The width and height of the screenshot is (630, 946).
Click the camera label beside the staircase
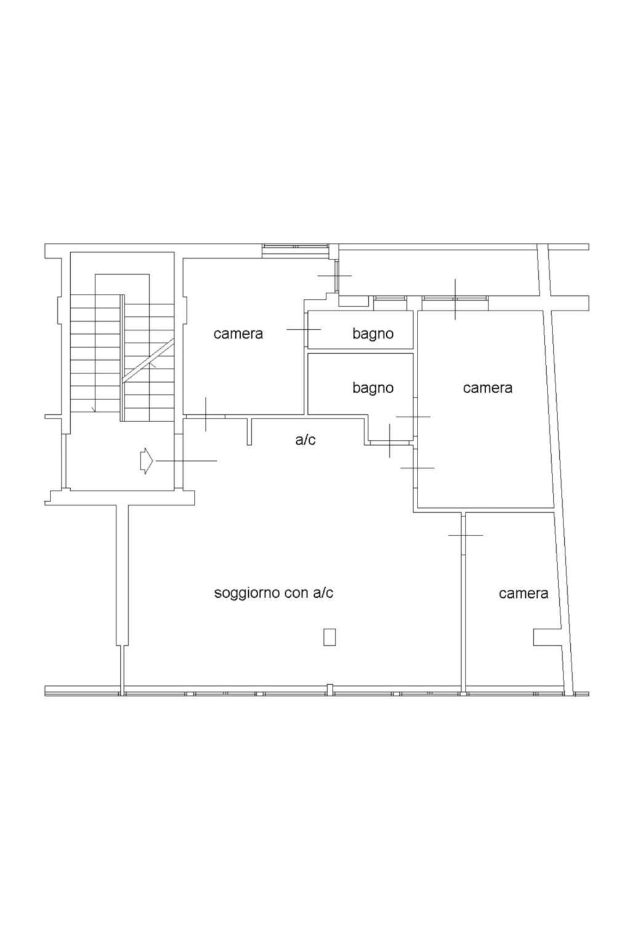pyautogui.click(x=238, y=334)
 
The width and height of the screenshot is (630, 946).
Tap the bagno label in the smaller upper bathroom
pyautogui.click(x=373, y=334)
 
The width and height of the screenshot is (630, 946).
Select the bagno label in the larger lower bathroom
pyautogui.click(x=373, y=388)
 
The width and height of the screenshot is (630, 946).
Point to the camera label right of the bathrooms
pyautogui.click(x=487, y=388)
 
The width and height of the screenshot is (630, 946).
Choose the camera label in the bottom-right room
pyautogui.click(x=523, y=593)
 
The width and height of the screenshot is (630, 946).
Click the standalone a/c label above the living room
pyautogui.click(x=305, y=440)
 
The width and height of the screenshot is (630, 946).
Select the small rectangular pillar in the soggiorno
pyautogui.click(x=329, y=637)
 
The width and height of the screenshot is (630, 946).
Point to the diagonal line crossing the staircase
pyautogui.click(x=148, y=361)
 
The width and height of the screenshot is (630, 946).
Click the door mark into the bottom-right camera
pyautogui.click(x=465, y=536)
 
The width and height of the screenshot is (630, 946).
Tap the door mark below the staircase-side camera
pyautogui.click(x=206, y=414)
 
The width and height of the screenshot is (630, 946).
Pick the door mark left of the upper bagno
pyautogui.click(x=304, y=330)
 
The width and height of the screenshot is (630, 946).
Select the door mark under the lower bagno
pyautogui.click(x=389, y=441)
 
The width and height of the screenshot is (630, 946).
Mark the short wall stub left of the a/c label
pyautogui.click(x=249, y=431)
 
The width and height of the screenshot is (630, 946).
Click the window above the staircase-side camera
pyautogui.click(x=295, y=250)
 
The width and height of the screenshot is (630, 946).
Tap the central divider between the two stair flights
pyautogui.click(x=123, y=358)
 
